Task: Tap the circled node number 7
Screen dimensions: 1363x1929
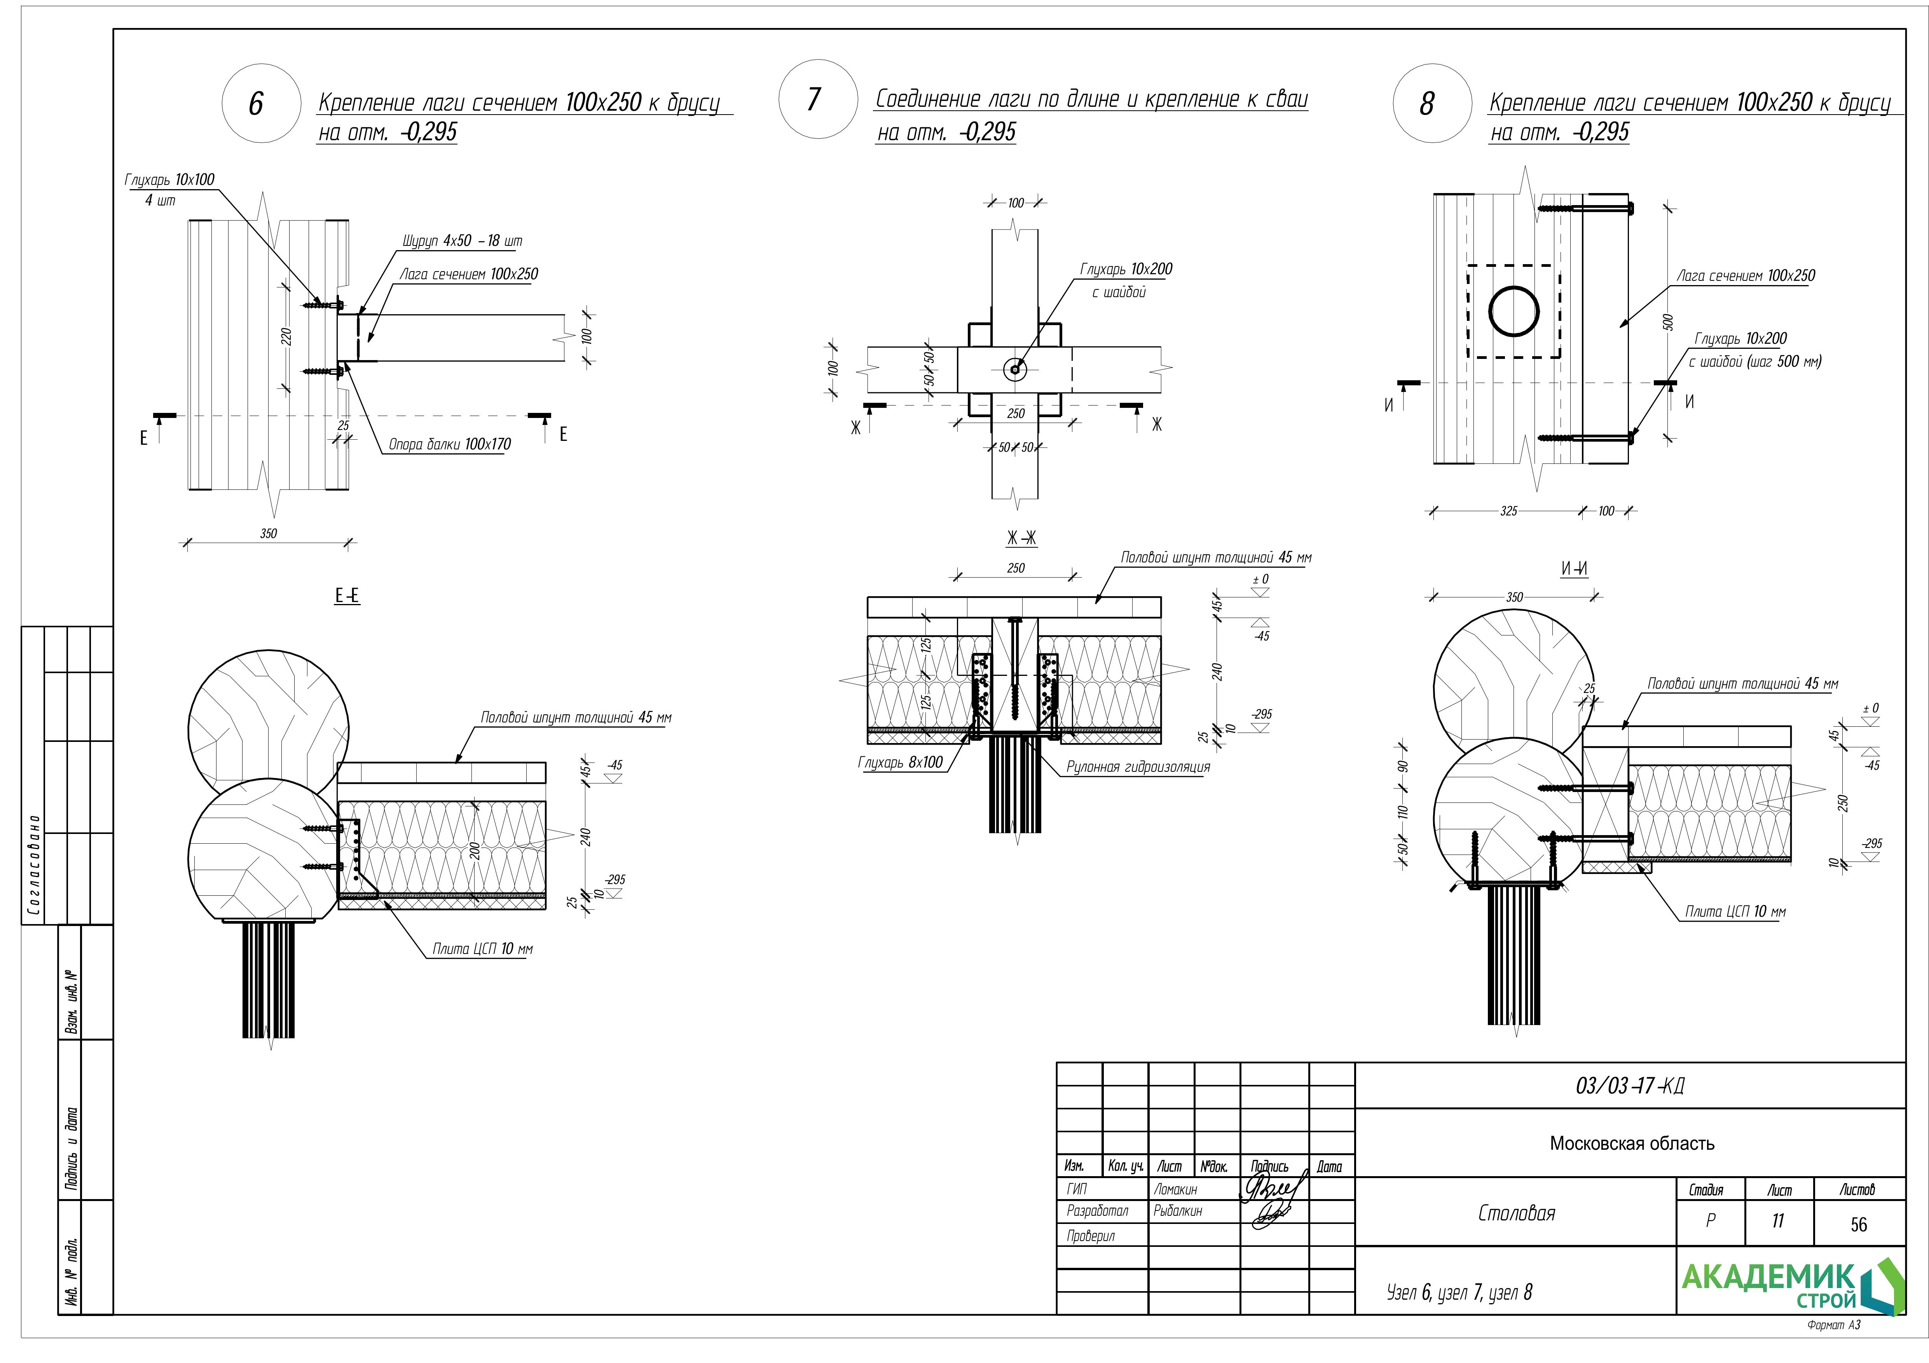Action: point(814,99)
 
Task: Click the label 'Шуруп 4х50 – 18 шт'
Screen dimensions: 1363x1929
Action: point(461,241)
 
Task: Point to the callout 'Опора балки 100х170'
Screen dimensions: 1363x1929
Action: point(449,444)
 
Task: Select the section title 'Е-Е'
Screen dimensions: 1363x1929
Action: point(347,596)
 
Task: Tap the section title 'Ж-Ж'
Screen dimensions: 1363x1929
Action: point(1021,538)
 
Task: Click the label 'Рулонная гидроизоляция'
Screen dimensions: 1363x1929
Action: point(1138,767)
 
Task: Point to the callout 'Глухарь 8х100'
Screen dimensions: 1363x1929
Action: point(900,762)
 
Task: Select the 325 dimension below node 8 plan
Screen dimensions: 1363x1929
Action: point(1509,511)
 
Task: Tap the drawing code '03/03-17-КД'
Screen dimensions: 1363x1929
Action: point(1630,1086)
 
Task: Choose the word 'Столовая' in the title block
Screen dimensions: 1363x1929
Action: point(1517,1213)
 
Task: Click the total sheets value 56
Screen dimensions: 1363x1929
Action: point(1858,1225)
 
